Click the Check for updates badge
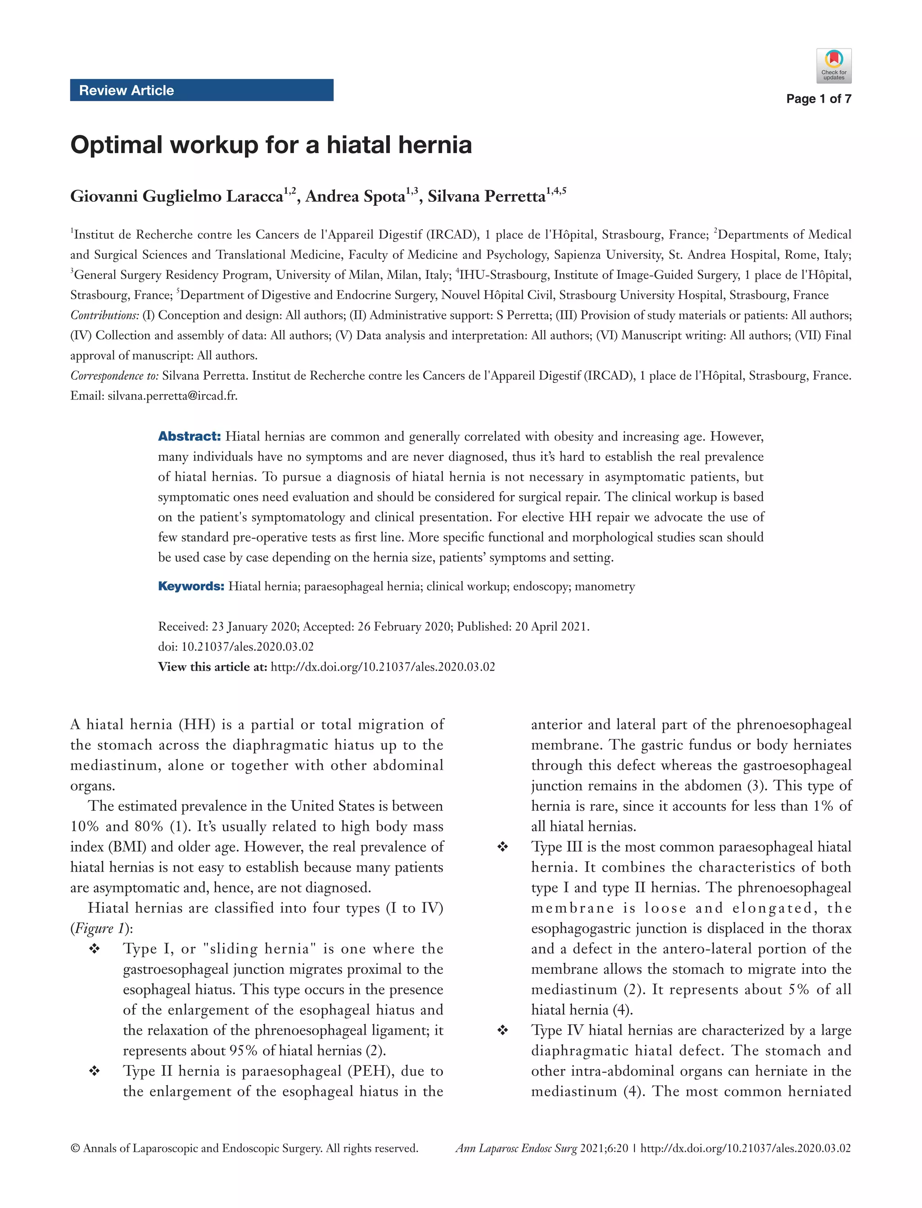click(x=833, y=66)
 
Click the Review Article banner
click(x=201, y=90)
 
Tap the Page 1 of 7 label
click(x=818, y=99)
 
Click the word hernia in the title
click(x=434, y=145)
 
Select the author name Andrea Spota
click(x=355, y=196)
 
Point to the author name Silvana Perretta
click(x=486, y=196)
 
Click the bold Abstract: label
click(x=190, y=436)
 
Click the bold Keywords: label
click(x=191, y=586)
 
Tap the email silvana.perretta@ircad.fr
click(x=172, y=396)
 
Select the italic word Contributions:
click(x=105, y=315)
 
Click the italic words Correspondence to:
click(x=114, y=376)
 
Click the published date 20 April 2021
click(x=551, y=627)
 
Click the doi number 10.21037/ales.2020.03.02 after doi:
click(x=247, y=647)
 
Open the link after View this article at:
click(x=383, y=667)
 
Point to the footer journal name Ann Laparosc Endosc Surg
click(x=516, y=1148)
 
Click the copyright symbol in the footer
click(x=75, y=1148)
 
